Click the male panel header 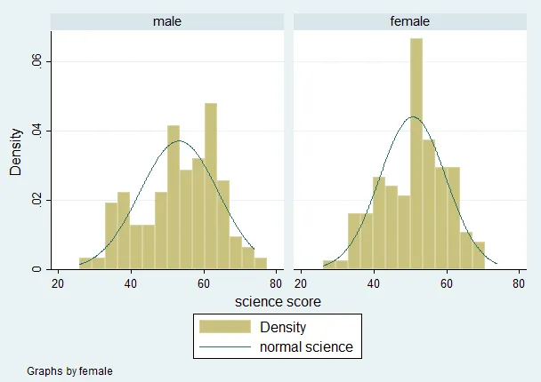(x=166, y=20)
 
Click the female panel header (x=410, y=20)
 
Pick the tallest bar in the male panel (x=211, y=186)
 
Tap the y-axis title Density (x=16, y=150)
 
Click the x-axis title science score (x=278, y=302)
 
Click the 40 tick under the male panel (x=130, y=283)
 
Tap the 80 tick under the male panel (x=276, y=283)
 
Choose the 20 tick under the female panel (x=301, y=283)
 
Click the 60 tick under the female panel (x=447, y=283)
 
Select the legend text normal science (x=306, y=346)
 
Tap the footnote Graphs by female (x=69, y=370)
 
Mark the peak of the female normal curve (x=413, y=117)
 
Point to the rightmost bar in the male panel (x=261, y=263)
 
